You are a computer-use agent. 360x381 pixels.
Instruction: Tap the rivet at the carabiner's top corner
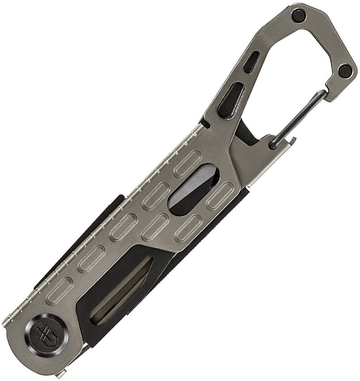[x=297, y=16]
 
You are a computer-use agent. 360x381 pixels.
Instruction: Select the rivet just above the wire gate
[x=345, y=70]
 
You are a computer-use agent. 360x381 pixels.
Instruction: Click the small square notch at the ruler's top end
[x=202, y=123]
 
